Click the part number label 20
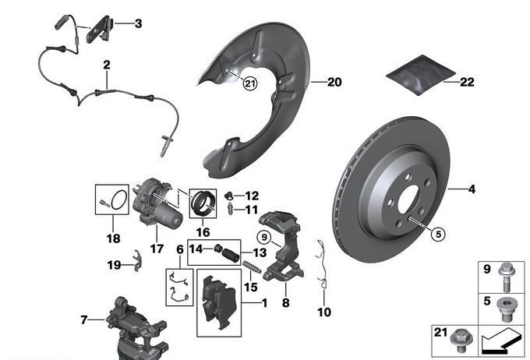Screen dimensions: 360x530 334,82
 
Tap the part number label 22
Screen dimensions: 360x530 466,81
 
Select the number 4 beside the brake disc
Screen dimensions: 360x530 470,189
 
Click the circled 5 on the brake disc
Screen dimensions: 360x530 436,233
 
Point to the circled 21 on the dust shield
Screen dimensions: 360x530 249,84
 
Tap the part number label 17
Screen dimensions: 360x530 157,249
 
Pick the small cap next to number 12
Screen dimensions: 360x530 230,195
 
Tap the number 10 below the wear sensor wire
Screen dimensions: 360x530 324,312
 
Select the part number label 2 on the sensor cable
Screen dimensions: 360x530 106,66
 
